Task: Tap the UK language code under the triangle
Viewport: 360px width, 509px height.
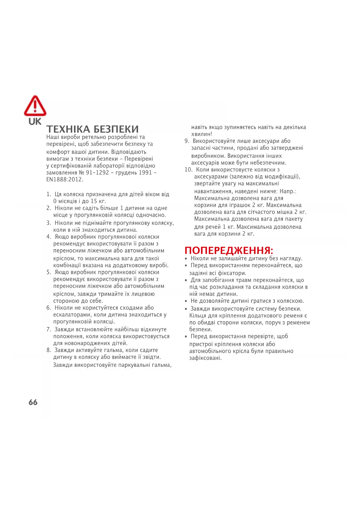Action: point(35,122)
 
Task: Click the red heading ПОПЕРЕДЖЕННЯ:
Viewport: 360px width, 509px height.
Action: point(229,250)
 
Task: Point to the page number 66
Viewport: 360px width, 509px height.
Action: point(33,402)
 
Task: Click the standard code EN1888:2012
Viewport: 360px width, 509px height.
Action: point(65,180)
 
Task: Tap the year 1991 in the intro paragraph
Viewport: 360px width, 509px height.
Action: point(145,173)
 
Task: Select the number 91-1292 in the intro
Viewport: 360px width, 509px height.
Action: point(97,173)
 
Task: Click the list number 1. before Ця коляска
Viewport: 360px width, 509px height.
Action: point(49,194)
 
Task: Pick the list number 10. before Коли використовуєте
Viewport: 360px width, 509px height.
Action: point(188,170)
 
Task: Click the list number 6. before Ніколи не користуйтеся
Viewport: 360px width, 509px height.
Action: point(49,308)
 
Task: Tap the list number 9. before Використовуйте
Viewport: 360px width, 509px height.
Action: point(187,141)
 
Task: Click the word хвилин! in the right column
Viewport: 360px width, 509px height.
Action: point(202,134)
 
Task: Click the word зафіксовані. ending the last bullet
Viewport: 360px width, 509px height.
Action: point(205,358)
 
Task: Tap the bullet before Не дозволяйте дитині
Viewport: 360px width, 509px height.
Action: point(186,301)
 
